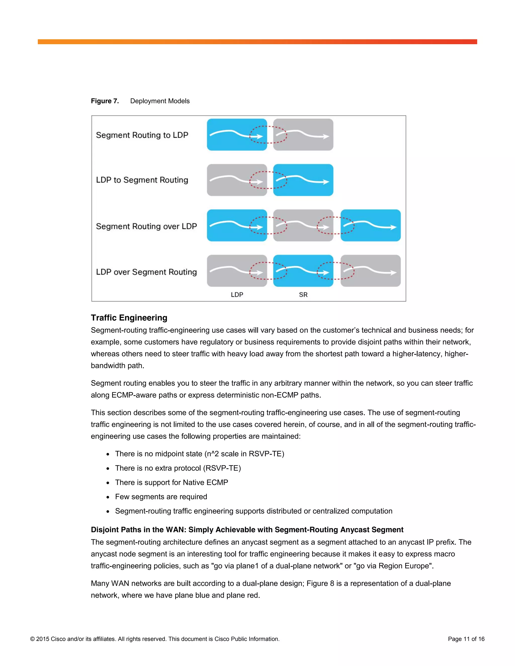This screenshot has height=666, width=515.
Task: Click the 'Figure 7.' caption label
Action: (105, 101)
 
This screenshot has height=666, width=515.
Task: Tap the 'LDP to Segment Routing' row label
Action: (142, 180)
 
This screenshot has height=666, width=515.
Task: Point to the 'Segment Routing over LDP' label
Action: (146, 226)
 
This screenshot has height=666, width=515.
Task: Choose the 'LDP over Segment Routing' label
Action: (146, 272)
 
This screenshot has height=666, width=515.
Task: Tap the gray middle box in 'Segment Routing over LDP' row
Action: (303, 225)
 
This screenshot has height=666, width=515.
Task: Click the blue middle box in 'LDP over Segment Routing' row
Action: (303, 271)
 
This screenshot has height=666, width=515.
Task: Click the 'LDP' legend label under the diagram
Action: (237, 295)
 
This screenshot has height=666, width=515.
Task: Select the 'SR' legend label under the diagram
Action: (303, 295)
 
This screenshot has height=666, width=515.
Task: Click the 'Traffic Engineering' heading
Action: (129, 318)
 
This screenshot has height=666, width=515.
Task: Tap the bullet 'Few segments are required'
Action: (161, 497)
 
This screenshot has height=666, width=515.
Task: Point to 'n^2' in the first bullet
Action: (213, 454)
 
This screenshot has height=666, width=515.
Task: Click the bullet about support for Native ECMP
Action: (171, 483)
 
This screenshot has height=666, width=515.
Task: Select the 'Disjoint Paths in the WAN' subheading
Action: (247, 530)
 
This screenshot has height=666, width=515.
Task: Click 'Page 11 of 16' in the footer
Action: (466, 639)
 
